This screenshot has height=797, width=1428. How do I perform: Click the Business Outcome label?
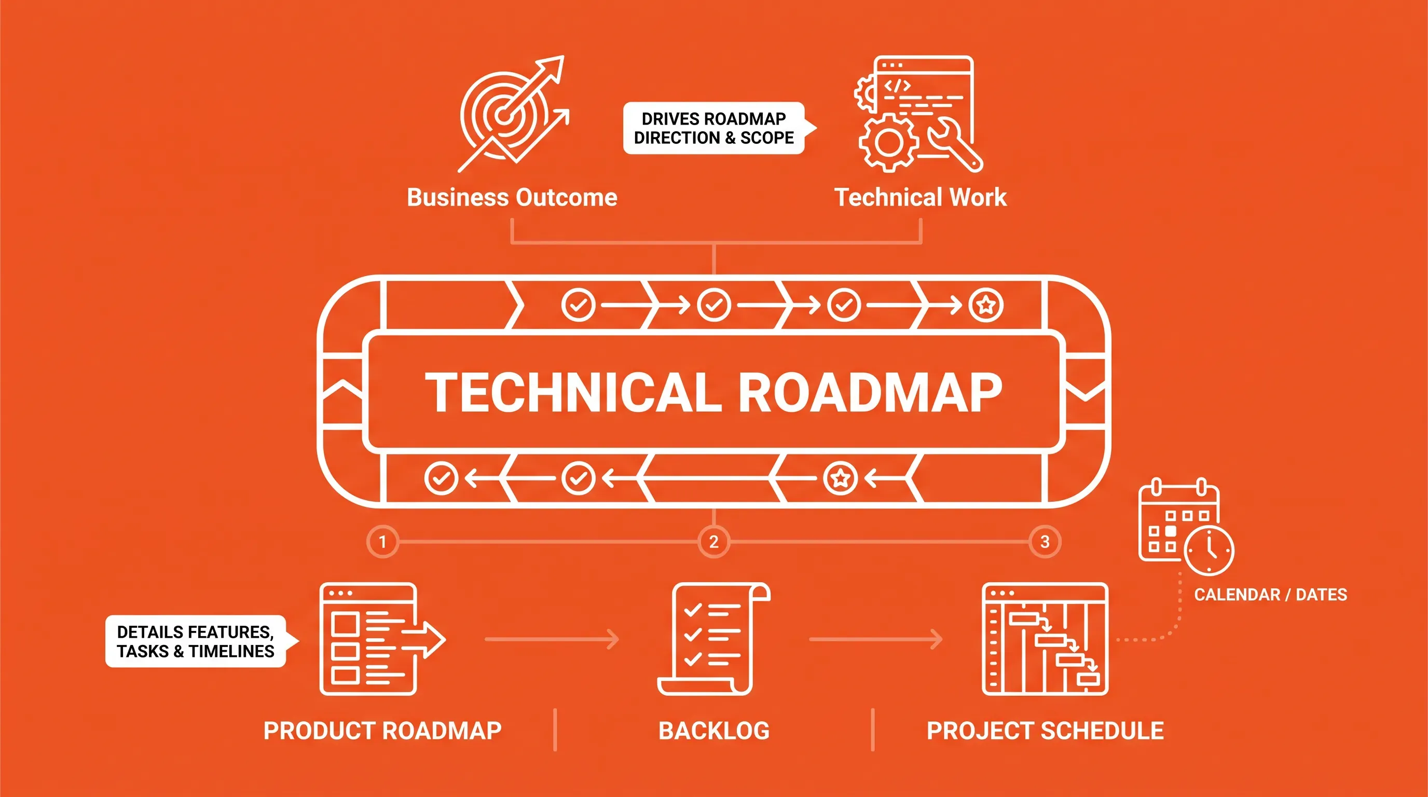512,197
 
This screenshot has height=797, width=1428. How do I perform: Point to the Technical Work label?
920,197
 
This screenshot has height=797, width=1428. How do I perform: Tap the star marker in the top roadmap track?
985,305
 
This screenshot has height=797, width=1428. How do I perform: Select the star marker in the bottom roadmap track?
841,478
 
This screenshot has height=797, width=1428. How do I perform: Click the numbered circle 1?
382,542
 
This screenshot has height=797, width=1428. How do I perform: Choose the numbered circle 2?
713,542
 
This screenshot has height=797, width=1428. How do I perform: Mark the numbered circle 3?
1045,542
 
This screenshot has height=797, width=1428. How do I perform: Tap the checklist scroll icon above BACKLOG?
714,639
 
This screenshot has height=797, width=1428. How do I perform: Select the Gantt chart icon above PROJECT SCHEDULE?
1045,639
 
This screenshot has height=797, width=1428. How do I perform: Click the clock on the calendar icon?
1209,551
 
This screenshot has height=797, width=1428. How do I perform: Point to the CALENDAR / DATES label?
1271,595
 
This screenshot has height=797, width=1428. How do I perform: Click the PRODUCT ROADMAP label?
382,731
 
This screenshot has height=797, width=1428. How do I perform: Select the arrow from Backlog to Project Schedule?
876,639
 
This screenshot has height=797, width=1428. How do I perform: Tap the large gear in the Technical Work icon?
889,143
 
